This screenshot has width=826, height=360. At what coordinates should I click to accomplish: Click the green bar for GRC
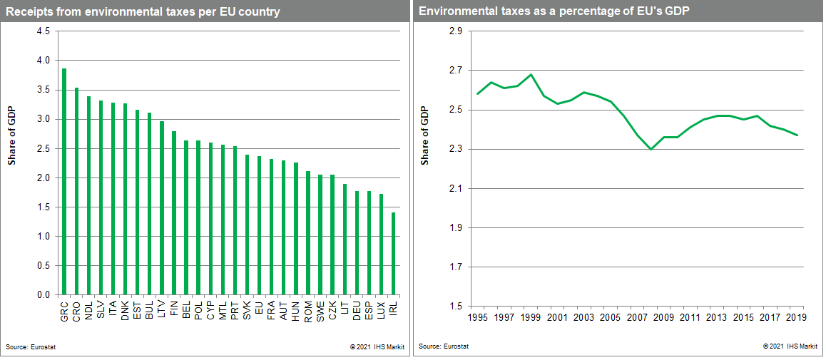coord(64,182)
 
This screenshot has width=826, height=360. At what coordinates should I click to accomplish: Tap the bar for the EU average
coord(259,225)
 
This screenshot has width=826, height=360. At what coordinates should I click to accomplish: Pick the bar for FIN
coord(173,213)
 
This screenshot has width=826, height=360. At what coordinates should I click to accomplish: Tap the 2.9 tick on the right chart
coord(455,31)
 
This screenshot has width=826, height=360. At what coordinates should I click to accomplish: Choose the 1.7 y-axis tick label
coord(455,267)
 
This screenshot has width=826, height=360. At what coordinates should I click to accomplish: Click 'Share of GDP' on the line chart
coord(425,135)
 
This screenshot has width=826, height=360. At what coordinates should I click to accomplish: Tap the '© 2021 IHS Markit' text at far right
coord(790,347)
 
